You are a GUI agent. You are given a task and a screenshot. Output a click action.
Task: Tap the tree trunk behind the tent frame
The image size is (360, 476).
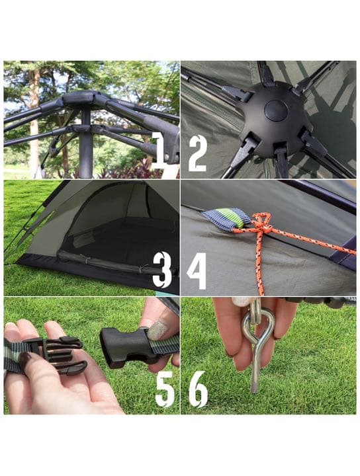pyautogui.click(x=33, y=126)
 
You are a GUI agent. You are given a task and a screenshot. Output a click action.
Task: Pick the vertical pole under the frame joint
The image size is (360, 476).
pyautogui.click(x=85, y=149)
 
